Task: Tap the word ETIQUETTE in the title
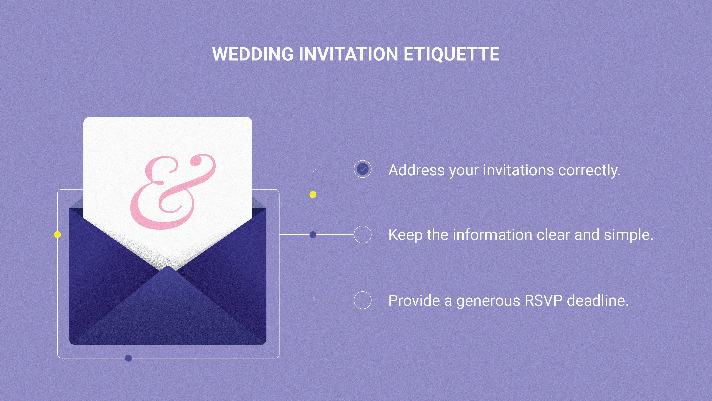451,54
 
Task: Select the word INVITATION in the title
348,54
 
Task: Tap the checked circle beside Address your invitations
362,169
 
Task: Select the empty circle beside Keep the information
362,234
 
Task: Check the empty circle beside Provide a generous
362,300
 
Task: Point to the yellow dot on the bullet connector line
313,194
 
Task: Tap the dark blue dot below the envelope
128,358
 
